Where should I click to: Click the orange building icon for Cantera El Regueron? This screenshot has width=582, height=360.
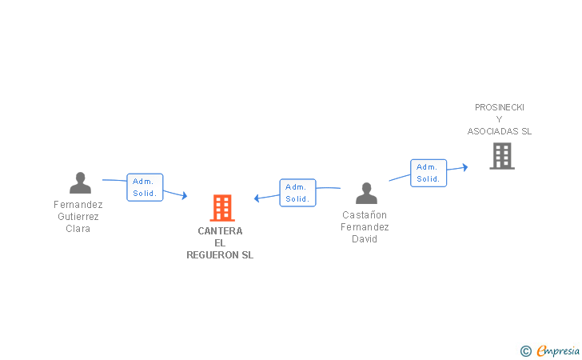(222, 208)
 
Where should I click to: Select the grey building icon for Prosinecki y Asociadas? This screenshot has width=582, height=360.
(502, 156)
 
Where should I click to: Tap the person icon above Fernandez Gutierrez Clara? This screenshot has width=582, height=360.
(80, 182)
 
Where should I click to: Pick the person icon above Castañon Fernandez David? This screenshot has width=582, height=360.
(366, 193)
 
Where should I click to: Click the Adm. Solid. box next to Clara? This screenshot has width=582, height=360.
(145, 187)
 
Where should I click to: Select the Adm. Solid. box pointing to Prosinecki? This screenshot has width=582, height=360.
(429, 173)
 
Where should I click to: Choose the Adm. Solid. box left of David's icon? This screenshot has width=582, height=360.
(297, 193)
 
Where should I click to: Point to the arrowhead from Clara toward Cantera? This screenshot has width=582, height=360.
(185, 195)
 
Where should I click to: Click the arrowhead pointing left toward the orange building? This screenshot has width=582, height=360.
(257, 198)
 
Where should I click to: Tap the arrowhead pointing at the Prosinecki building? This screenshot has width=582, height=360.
(465, 167)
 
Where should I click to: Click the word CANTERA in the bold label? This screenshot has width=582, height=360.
(220, 231)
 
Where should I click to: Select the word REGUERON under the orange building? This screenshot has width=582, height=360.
(213, 255)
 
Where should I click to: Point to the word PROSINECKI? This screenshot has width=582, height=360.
(500, 107)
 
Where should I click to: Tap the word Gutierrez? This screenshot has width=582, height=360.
(78, 217)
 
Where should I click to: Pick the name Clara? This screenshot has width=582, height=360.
(78, 229)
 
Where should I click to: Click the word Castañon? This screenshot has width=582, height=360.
(365, 214)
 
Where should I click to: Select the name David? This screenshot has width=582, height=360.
(365, 239)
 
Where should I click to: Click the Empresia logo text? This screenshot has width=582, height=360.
(558, 351)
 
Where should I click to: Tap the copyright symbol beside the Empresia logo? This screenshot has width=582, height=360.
(526, 351)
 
